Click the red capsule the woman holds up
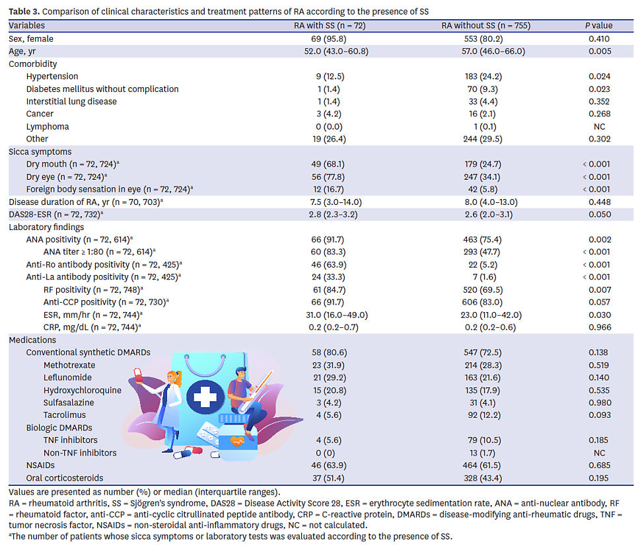138,374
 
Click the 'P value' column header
599,26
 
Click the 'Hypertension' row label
52,77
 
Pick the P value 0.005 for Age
599,52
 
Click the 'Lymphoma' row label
48,127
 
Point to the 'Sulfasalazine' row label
69,403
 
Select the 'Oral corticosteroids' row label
56,478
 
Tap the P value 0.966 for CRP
599,327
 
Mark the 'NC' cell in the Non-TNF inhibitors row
599,453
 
